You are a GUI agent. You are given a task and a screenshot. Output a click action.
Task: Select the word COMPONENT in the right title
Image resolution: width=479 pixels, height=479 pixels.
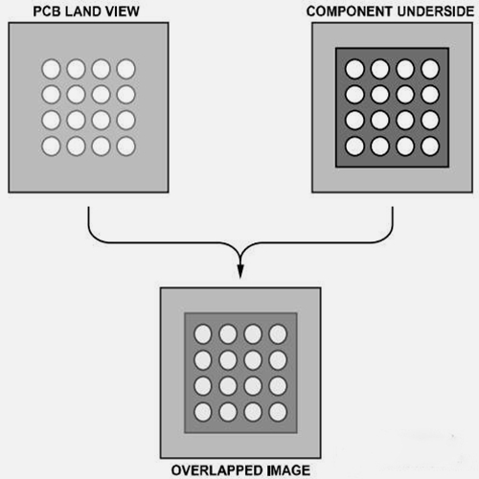tap(349, 11)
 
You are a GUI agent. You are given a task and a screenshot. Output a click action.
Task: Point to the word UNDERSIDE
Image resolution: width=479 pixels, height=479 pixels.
tap(436, 11)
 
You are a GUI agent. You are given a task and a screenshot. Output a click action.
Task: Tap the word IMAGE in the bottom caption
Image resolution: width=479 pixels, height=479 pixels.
tap(289, 470)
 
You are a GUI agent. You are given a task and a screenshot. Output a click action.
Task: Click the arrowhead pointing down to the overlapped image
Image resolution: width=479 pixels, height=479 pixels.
tap(240, 271)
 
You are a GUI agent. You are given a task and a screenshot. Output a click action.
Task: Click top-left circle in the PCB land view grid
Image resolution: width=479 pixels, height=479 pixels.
tap(51, 69)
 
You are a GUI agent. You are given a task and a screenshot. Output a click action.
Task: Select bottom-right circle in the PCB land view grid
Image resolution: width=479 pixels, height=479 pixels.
tap(126, 147)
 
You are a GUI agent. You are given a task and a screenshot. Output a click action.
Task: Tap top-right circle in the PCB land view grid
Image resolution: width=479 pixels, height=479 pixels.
tap(126, 69)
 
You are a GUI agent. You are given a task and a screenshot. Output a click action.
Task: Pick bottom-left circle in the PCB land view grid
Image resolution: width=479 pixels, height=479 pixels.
tap(51, 147)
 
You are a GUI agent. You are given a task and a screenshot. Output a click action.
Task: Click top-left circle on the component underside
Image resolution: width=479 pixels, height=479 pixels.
tap(354, 69)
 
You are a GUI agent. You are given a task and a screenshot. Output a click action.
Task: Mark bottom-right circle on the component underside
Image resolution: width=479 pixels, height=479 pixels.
tap(430, 147)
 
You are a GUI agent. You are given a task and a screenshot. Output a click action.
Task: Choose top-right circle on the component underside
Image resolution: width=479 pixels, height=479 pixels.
tap(430, 69)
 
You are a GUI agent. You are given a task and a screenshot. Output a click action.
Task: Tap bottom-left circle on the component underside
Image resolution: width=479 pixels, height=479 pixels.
tap(354, 147)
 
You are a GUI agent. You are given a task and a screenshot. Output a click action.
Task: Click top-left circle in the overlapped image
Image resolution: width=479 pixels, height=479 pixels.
tap(203, 334)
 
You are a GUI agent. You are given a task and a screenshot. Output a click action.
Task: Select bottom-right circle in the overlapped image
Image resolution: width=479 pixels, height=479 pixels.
tap(278, 412)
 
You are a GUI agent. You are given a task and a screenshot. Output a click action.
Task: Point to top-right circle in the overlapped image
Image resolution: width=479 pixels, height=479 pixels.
tap(278, 334)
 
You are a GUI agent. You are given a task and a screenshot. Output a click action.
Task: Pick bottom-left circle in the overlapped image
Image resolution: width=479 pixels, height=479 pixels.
tap(203, 412)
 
